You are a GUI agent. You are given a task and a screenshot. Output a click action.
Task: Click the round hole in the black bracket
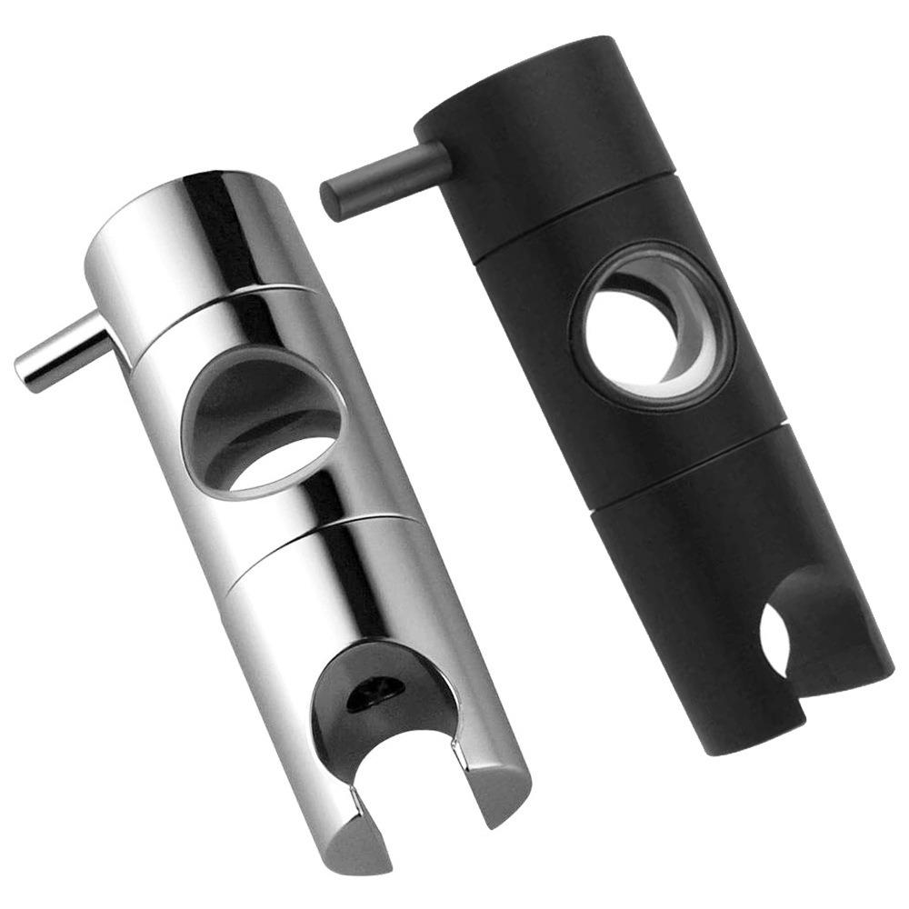click(636, 327)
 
